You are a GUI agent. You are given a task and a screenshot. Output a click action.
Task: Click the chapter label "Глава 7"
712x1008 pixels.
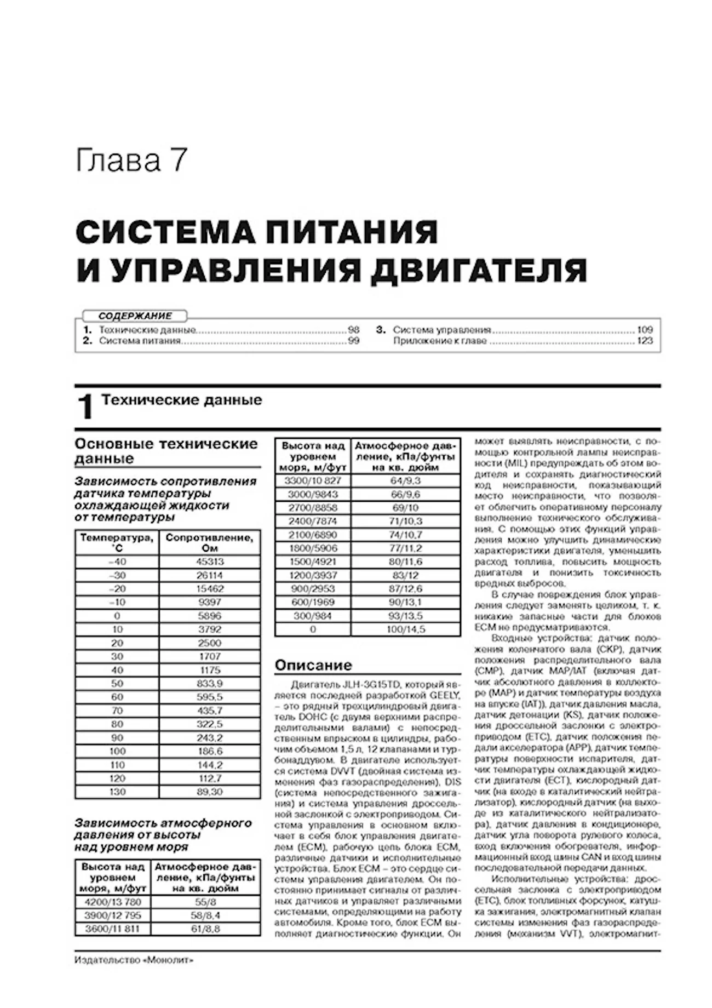click(x=131, y=161)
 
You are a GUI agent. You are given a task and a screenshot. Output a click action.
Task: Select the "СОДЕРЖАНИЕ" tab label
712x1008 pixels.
click(x=135, y=316)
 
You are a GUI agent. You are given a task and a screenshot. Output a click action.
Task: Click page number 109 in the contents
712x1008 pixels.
click(x=645, y=330)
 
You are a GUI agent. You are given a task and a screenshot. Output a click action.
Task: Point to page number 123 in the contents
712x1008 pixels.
click(x=645, y=341)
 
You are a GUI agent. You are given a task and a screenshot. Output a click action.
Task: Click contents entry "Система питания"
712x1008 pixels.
click(x=140, y=341)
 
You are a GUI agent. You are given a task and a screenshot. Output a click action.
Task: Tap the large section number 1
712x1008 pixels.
click(x=85, y=407)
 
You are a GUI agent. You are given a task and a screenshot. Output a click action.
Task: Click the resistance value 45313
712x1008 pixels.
click(x=210, y=562)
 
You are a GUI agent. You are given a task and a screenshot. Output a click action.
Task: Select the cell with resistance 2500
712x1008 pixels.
click(x=210, y=643)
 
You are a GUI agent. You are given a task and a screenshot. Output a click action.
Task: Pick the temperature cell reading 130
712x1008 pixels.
click(x=117, y=792)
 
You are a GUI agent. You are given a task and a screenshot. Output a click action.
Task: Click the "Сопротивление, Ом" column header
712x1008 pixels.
click(x=210, y=542)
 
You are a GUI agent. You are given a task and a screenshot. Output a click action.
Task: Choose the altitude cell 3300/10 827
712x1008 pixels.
click(x=313, y=480)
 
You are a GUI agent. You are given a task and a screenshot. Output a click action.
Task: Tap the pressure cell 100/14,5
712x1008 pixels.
click(x=405, y=629)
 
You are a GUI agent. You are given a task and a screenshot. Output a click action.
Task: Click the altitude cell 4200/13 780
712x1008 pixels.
click(x=113, y=902)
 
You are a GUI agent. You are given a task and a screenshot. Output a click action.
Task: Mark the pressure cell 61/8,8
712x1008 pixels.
click(x=205, y=929)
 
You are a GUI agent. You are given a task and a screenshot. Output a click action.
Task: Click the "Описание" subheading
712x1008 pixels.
click(x=313, y=665)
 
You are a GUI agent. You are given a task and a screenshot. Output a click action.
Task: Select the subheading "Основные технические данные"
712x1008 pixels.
click(x=166, y=451)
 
